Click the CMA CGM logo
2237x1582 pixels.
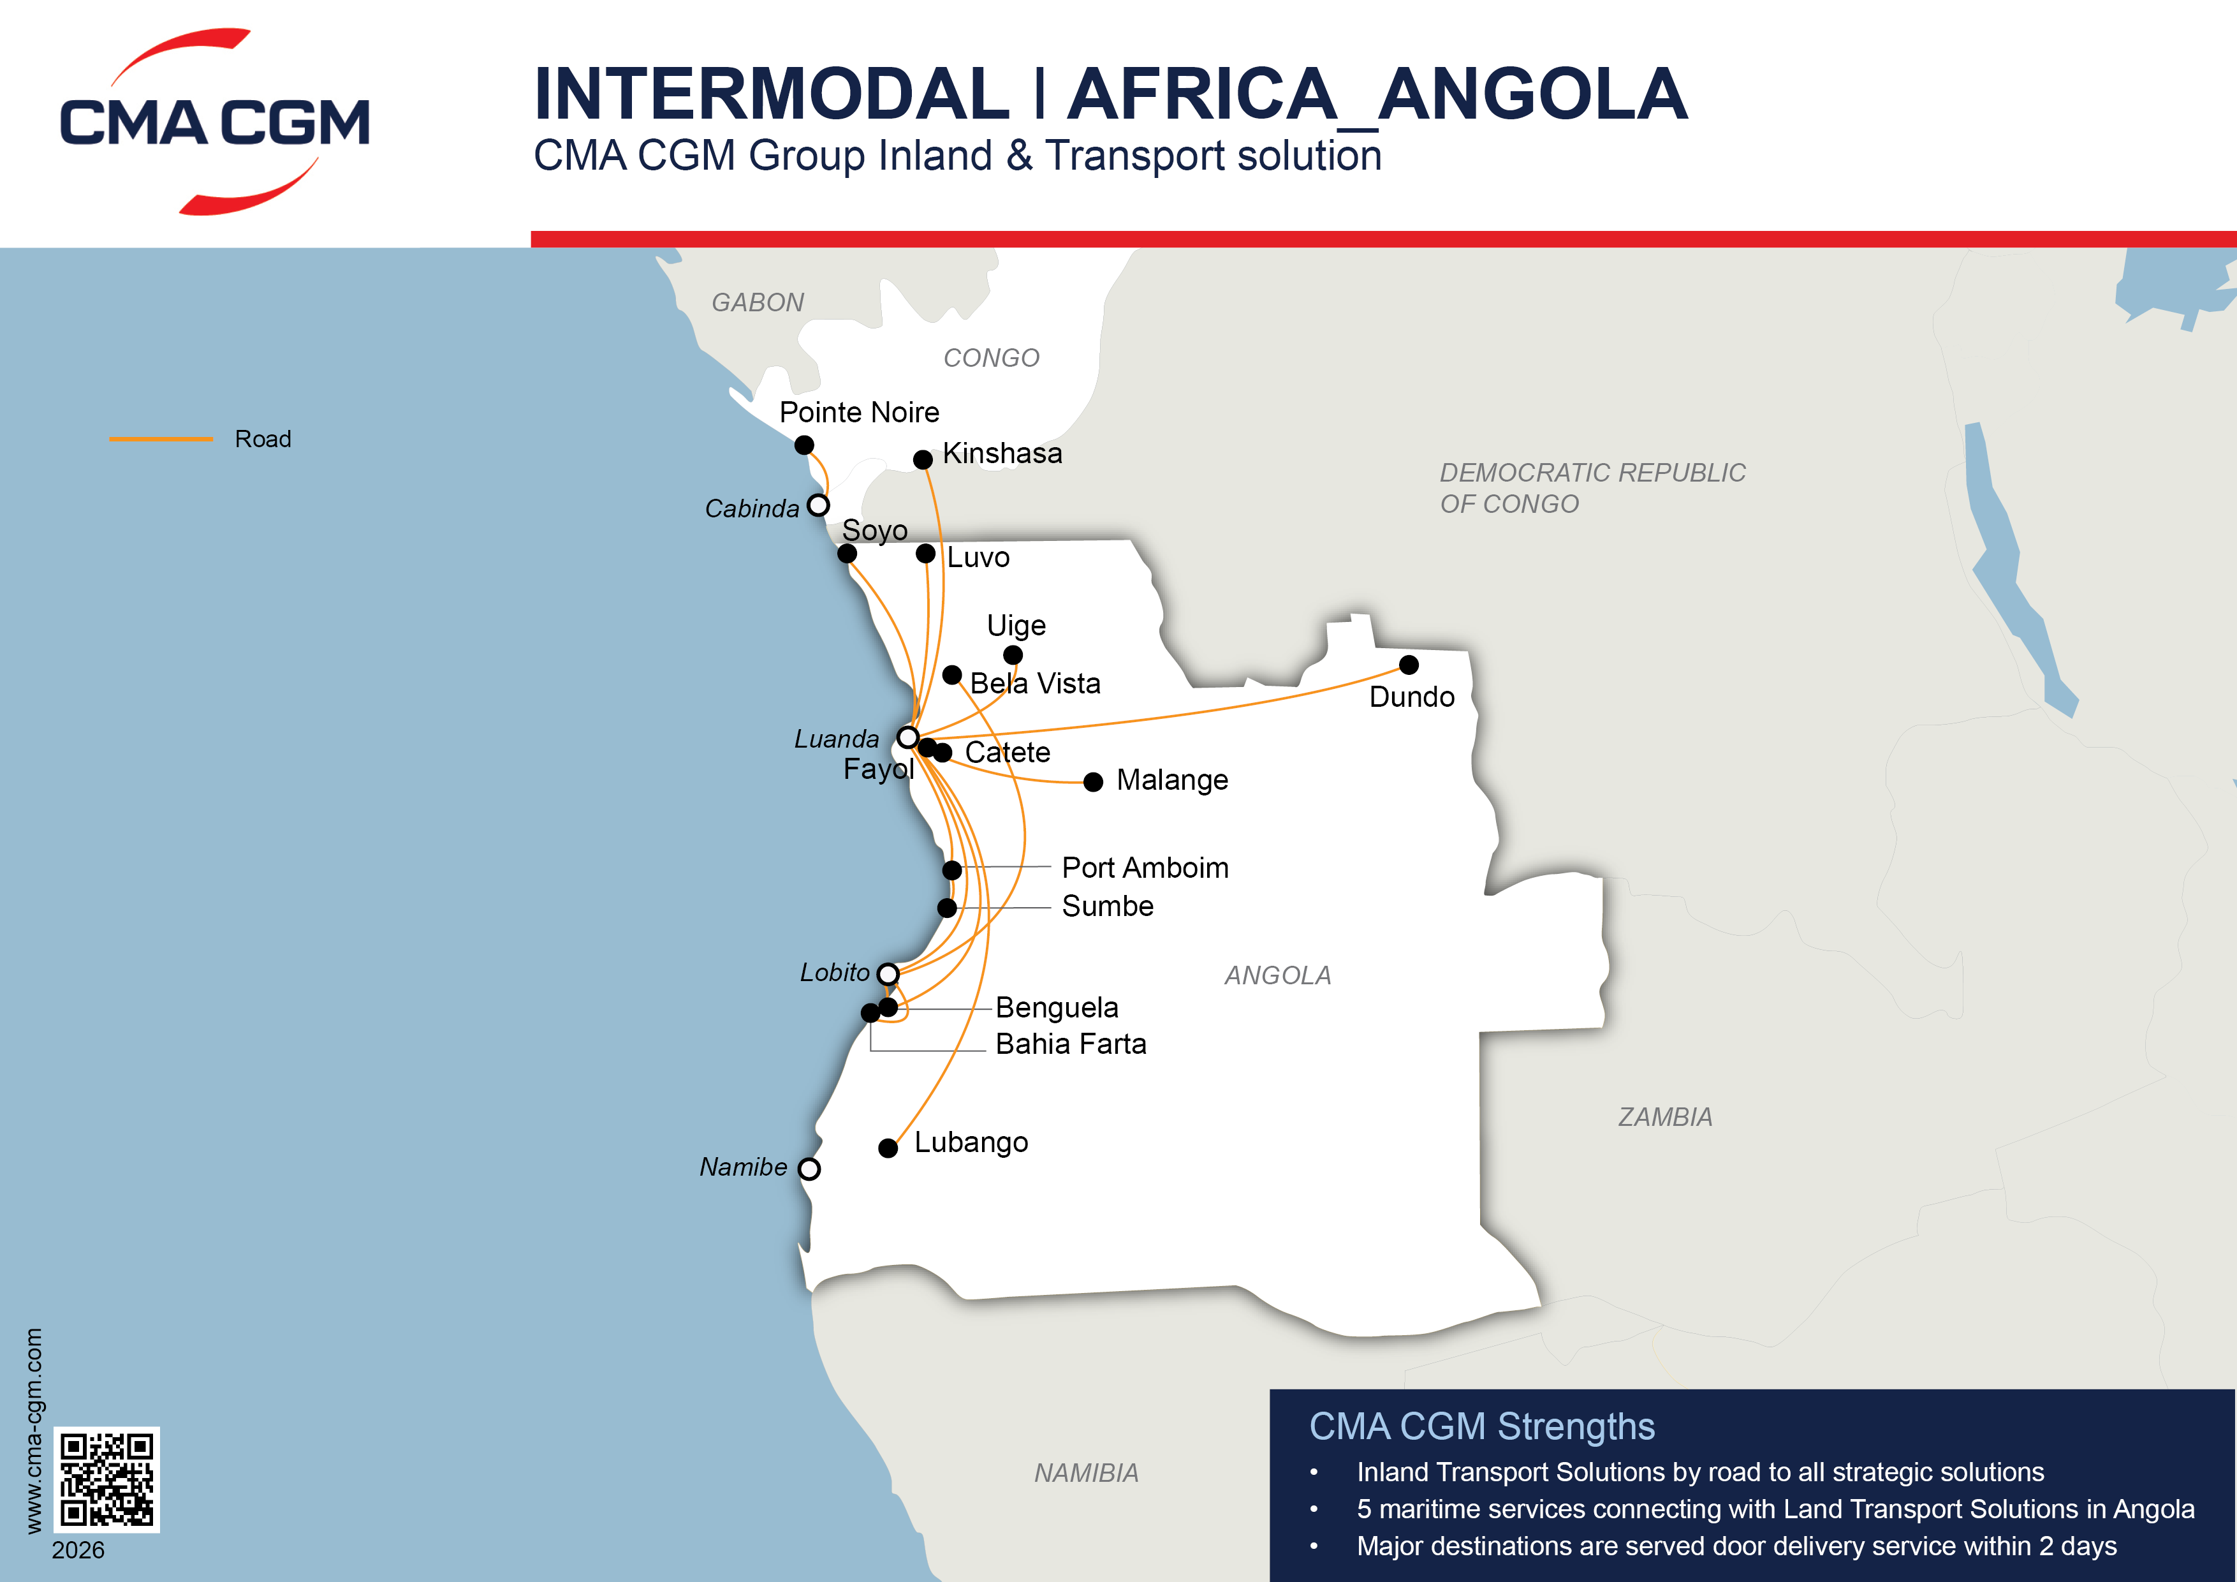point(214,122)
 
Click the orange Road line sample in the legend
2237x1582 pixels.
point(161,440)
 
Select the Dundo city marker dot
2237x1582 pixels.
point(1409,665)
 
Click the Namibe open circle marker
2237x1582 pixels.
point(809,1169)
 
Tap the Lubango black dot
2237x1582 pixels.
point(888,1148)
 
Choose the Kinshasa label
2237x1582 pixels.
point(1002,454)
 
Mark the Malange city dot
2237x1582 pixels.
point(1093,781)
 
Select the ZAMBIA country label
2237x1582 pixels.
point(1665,1117)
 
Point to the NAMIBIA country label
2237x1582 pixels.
point(1087,1473)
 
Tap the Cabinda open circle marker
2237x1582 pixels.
point(818,505)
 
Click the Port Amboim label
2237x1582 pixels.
point(1145,868)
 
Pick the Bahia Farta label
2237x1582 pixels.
point(1071,1044)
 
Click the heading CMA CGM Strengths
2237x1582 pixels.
point(1481,1427)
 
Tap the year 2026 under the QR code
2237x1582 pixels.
point(78,1550)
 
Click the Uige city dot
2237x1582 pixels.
point(1013,655)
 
